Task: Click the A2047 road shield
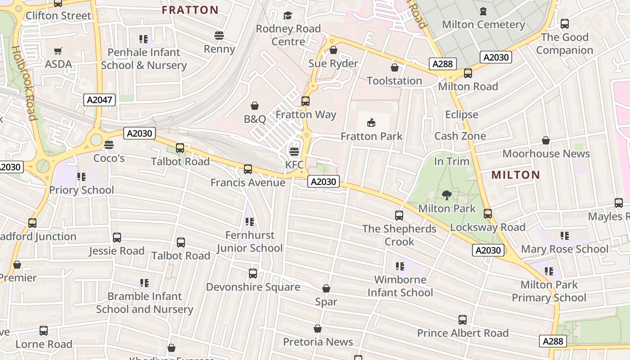click(x=99, y=100)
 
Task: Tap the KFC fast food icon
click(x=294, y=152)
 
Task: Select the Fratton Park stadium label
click(x=371, y=136)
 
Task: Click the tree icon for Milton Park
click(x=446, y=195)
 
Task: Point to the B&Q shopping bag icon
click(x=255, y=106)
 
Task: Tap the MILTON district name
click(x=516, y=175)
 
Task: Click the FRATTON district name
click(x=190, y=10)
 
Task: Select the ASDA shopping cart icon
click(x=58, y=51)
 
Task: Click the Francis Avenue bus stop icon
click(x=247, y=169)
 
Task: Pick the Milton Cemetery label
click(x=483, y=24)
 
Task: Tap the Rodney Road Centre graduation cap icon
click(x=288, y=16)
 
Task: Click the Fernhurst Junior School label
click(x=250, y=242)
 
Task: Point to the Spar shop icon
click(x=326, y=288)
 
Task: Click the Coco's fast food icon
click(x=109, y=145)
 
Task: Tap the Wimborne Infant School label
click(x=400, y=286)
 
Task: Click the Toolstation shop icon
click(x=395, y=67)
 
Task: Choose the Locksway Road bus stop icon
click(x=488, y=214)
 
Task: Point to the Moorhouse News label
click(x=546, y=153)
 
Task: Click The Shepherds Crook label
click(x=399, y=235)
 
